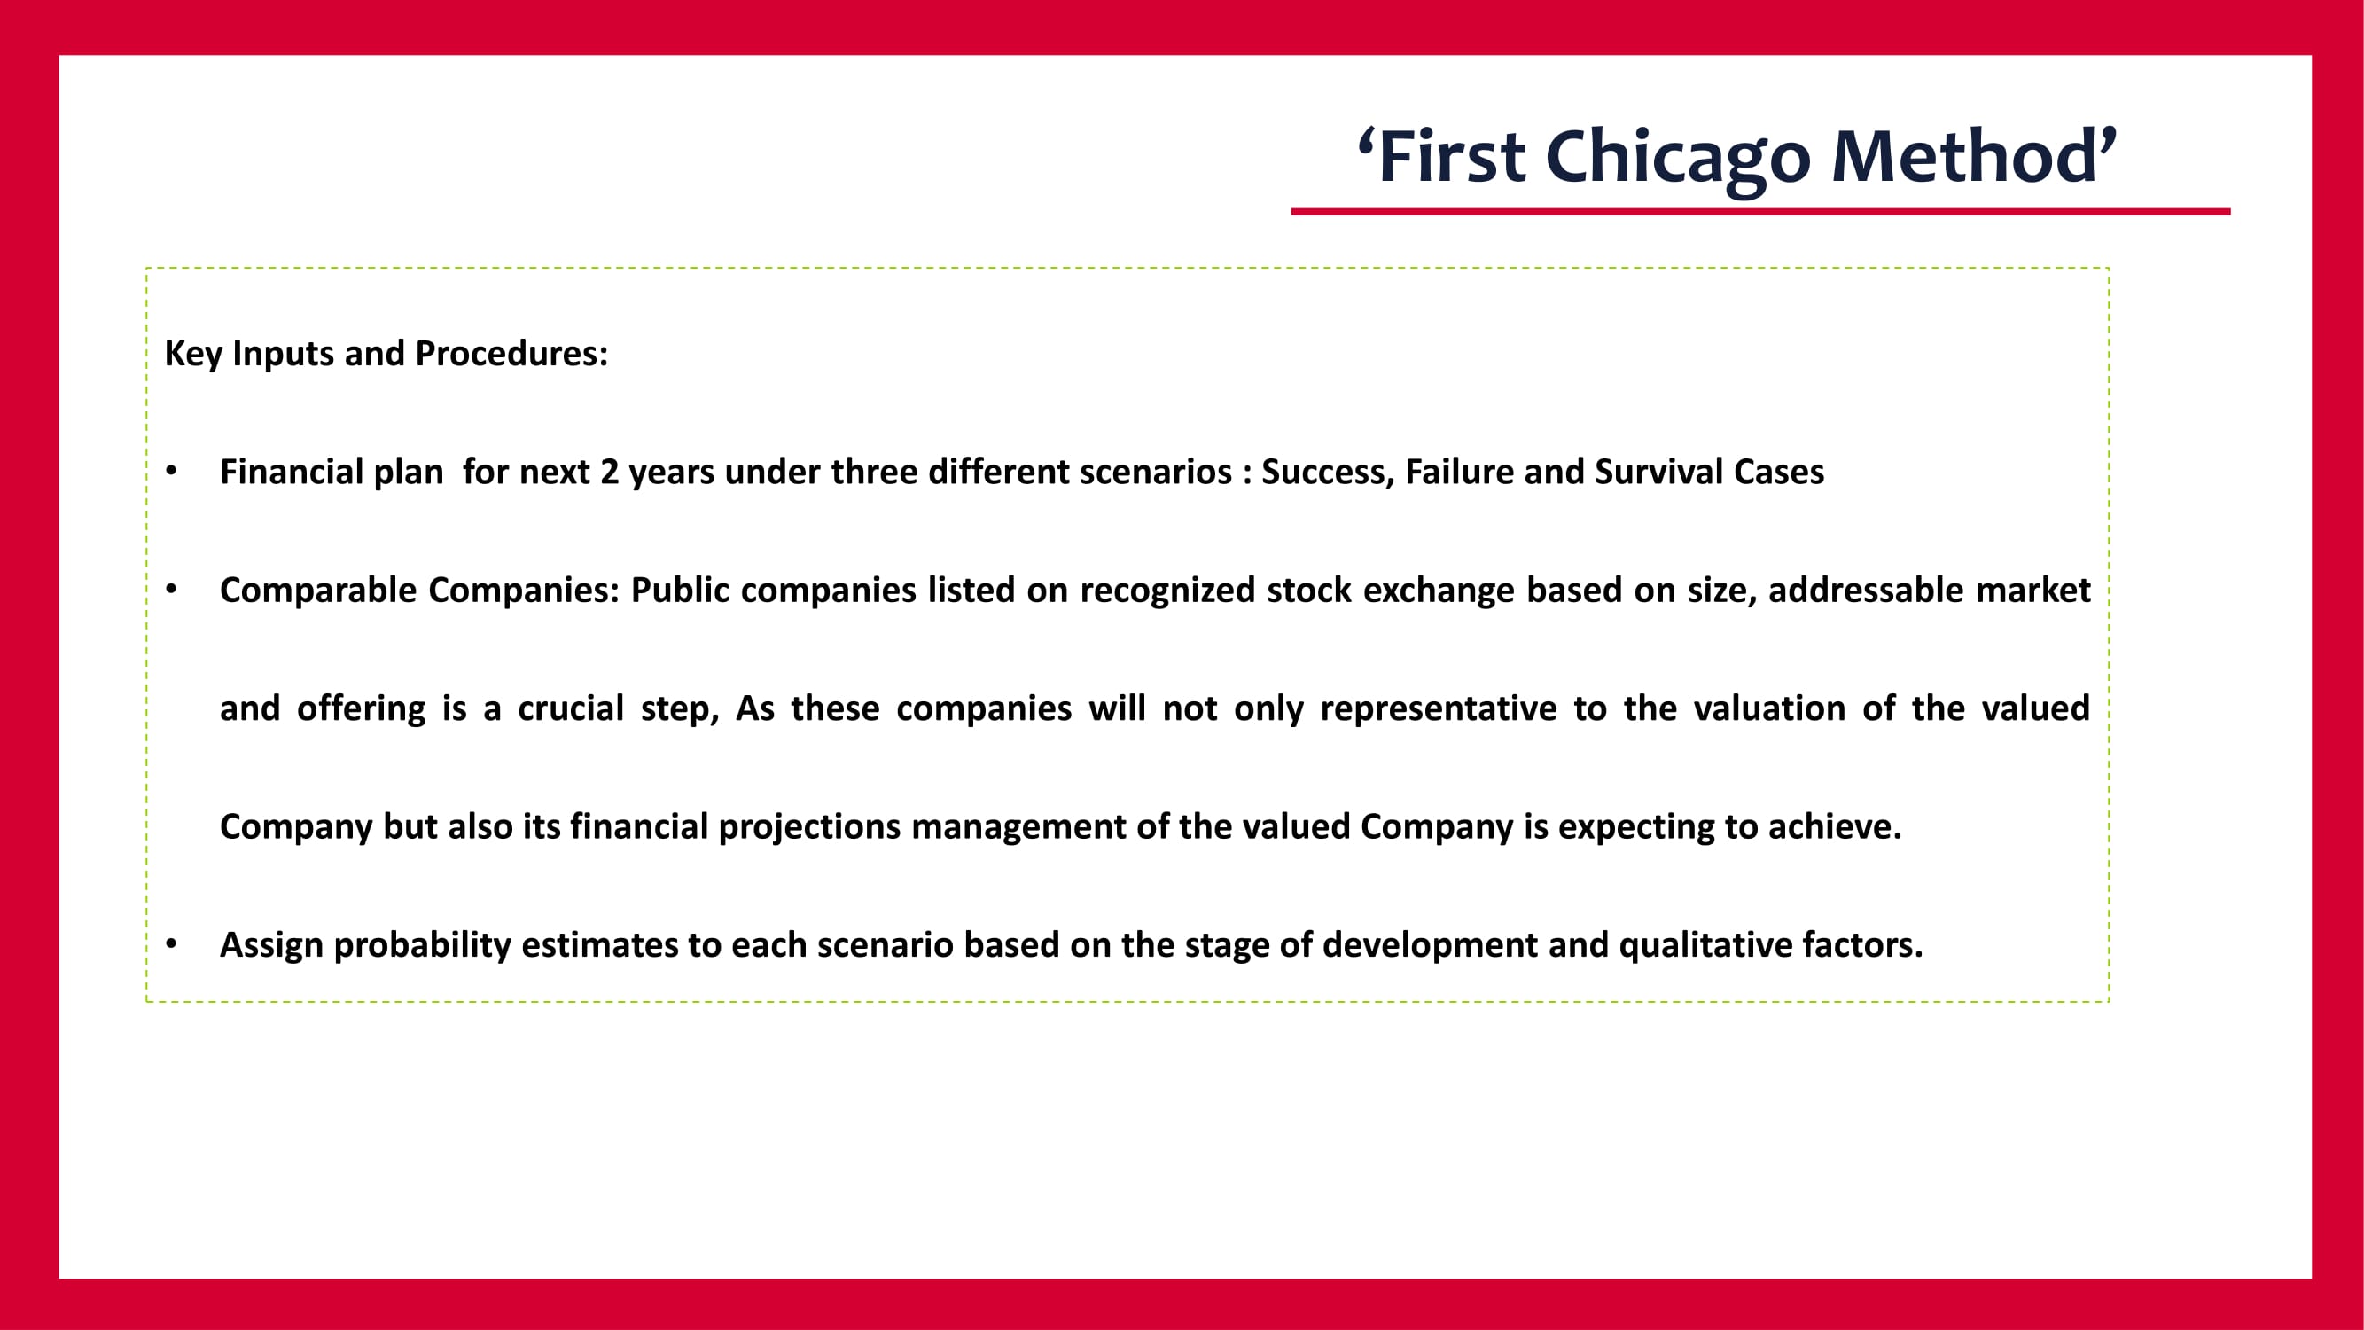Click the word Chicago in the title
pyautogui.click(x=1679, y=158)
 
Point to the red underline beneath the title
pyautogui.click(x=1760, y=212)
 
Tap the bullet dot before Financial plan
pyautogui.click(x=172, y=472)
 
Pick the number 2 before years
pyautogui.click(x=609, y=472)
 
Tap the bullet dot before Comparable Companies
pyautogui.click(x=172, y=590)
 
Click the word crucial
pyautogui.click(x=571, y=708)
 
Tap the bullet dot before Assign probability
pyautogui.click(x=172, y=943)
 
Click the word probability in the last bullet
pyautogui.click(x=422, y=945)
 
